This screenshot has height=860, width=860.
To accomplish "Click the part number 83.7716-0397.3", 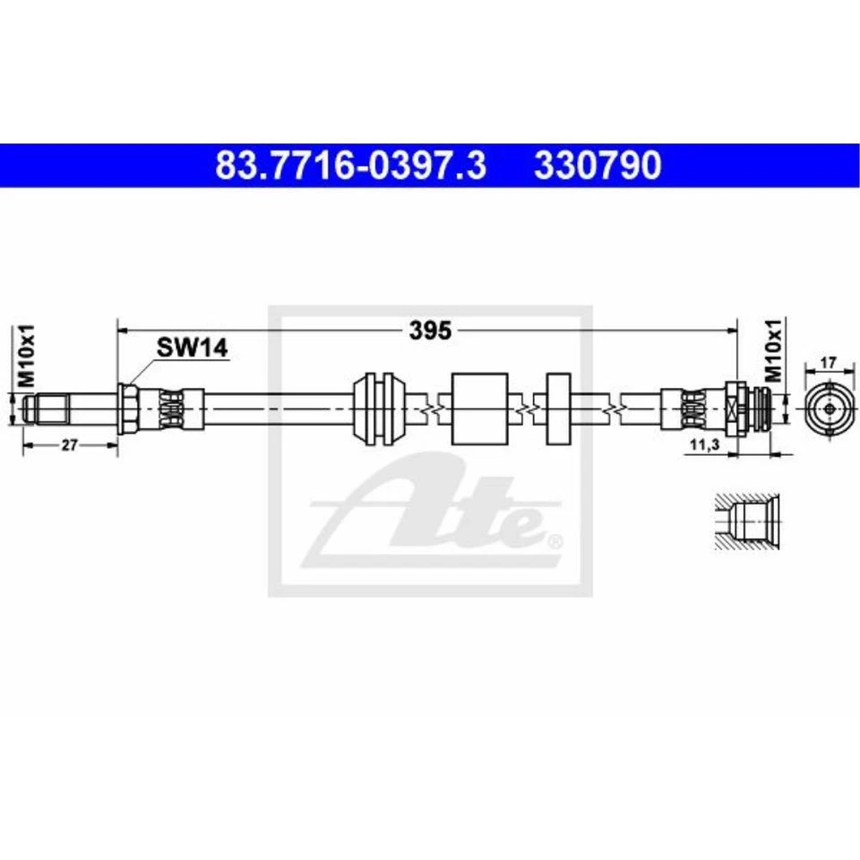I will pos(350,166).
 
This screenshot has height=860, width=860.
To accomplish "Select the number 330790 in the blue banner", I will pos(598,166).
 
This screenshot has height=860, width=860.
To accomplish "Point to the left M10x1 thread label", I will pos(26,357).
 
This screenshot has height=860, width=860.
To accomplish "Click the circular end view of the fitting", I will pos(830,408).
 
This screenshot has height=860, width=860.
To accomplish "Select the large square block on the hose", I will pos(480,408).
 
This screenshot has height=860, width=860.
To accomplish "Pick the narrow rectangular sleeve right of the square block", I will pos(557,408).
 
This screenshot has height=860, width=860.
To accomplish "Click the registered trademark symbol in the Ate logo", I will pos(555,540).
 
